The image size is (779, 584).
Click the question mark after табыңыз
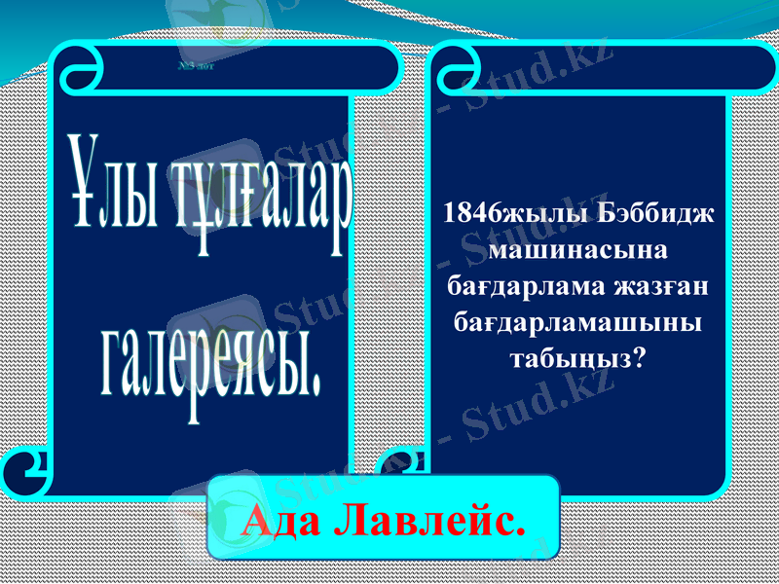(639, 357)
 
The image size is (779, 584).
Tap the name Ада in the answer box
(281, 521)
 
